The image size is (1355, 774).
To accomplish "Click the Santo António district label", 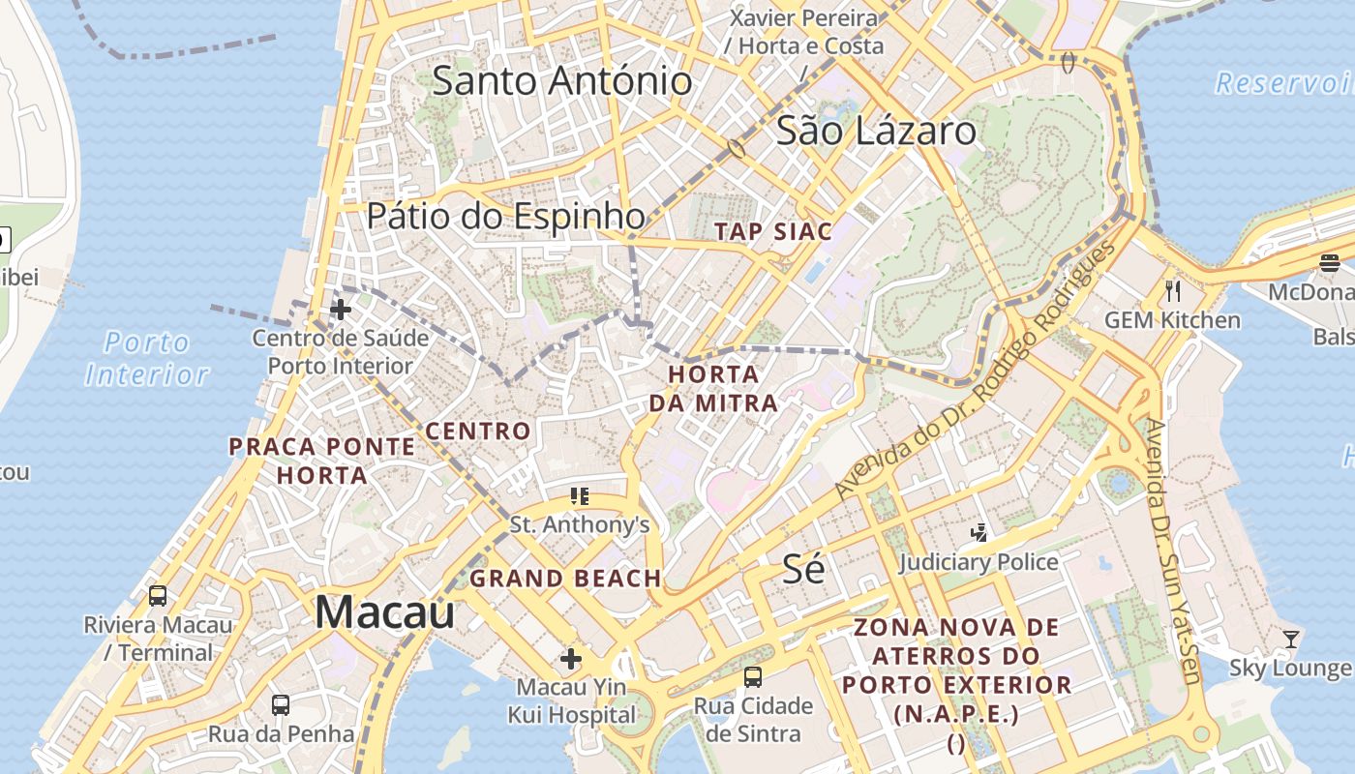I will coord(561,81).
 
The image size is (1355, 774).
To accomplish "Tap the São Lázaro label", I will coord(875,131).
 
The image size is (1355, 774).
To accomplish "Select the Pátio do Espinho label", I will coord(505,217).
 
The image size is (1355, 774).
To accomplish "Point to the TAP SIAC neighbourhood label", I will coord(772,231).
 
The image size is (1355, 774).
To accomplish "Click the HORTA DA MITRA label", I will coord(713,388).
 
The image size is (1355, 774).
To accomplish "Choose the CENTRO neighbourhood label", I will coord(478,432).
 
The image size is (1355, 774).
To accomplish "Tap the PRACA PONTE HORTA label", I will coord(322,461).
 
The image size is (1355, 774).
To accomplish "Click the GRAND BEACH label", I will coord(565,579).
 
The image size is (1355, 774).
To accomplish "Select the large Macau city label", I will coord(384,612).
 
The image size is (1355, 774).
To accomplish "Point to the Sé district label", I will coord(803,569).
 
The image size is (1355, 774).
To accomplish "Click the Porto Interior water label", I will coord(147,358).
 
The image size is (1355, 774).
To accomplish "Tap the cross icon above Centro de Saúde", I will coord(340,310).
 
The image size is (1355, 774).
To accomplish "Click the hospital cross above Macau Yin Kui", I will coord(571,659).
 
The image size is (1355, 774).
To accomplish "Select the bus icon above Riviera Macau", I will coord(157,596).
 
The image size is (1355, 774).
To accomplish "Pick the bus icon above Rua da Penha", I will coord(281,704).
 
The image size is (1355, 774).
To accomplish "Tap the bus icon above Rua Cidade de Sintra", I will coord(752,677).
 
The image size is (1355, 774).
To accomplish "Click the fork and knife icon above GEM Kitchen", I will coord(1172,290).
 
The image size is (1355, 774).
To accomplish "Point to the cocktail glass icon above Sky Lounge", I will coord(1290,639).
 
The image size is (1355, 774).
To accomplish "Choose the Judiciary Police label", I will coord(979,562).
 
